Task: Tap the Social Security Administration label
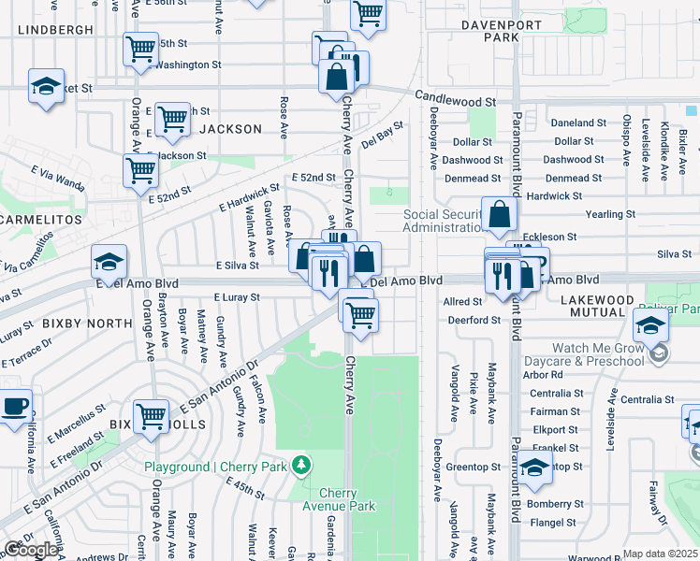tap(444, 222)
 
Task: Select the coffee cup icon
tap(13, 407)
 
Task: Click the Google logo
tap(31, 550)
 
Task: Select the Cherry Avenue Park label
tap(346, 499)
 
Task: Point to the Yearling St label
tap(609, 214)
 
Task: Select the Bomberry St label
tap(554, 503)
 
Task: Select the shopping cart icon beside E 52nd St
tap(140, 170)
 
